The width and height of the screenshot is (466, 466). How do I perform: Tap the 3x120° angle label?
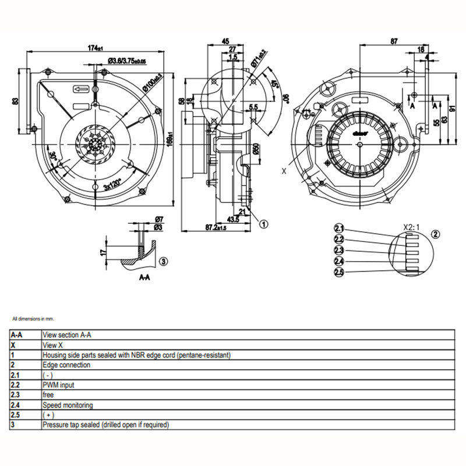pos(112,186)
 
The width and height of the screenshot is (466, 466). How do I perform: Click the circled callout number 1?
pos(263,223)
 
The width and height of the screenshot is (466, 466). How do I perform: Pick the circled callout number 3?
pos(163,262)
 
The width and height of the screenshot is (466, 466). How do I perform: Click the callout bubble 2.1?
pos(340,228)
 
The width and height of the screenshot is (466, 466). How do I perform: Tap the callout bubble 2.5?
pos(340,272)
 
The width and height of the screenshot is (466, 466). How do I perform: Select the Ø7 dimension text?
pos(159,219)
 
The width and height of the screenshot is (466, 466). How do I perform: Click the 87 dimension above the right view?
pos(394,42)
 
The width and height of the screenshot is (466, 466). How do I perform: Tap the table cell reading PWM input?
pos(58,385)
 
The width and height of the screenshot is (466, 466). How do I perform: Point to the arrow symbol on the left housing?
pos(80,89)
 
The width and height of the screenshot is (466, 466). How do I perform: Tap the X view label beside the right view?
pos(284,171)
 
